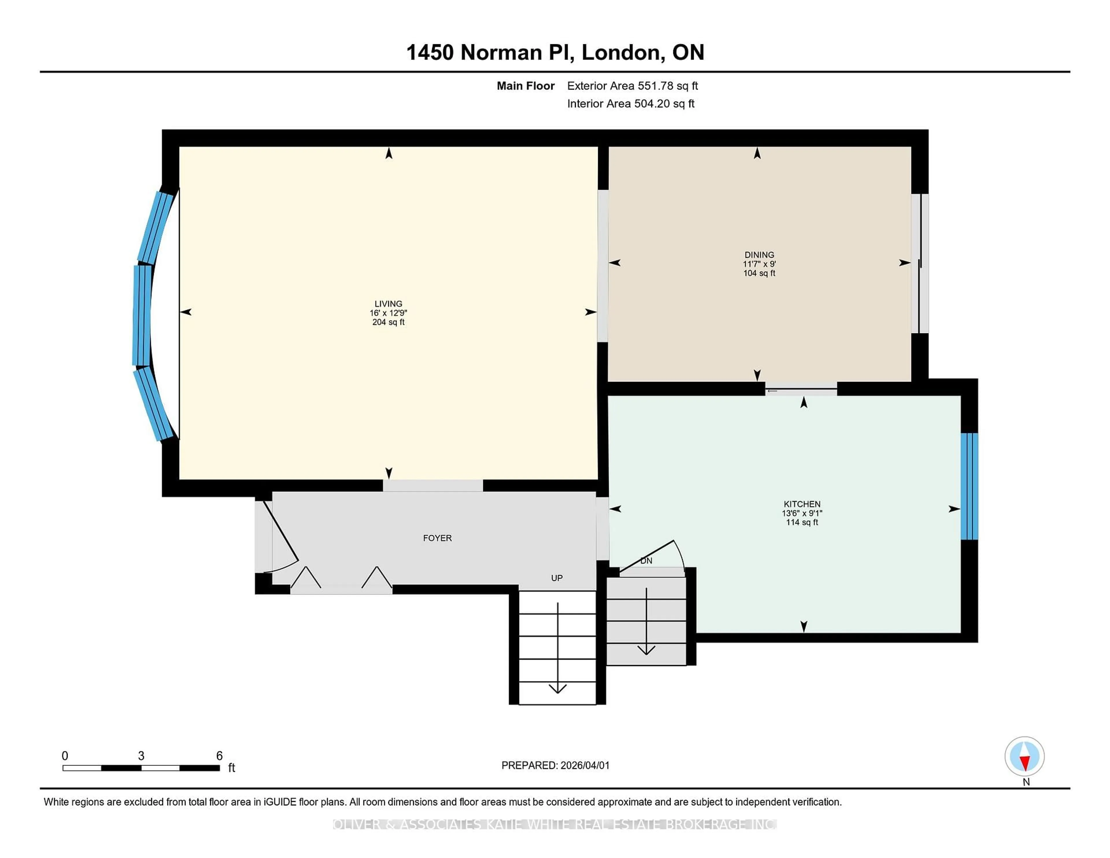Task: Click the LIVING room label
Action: click(x=388, y=304)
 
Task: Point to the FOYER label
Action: click(x=437, y=538)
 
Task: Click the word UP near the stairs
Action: click(x=556, y=578)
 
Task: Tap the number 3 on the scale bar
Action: click(x=141, y=756)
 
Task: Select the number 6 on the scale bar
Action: click(x=220, y=756)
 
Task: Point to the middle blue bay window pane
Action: click(x=142, y=315)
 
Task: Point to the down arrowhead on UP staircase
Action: click(x=558, y=689)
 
